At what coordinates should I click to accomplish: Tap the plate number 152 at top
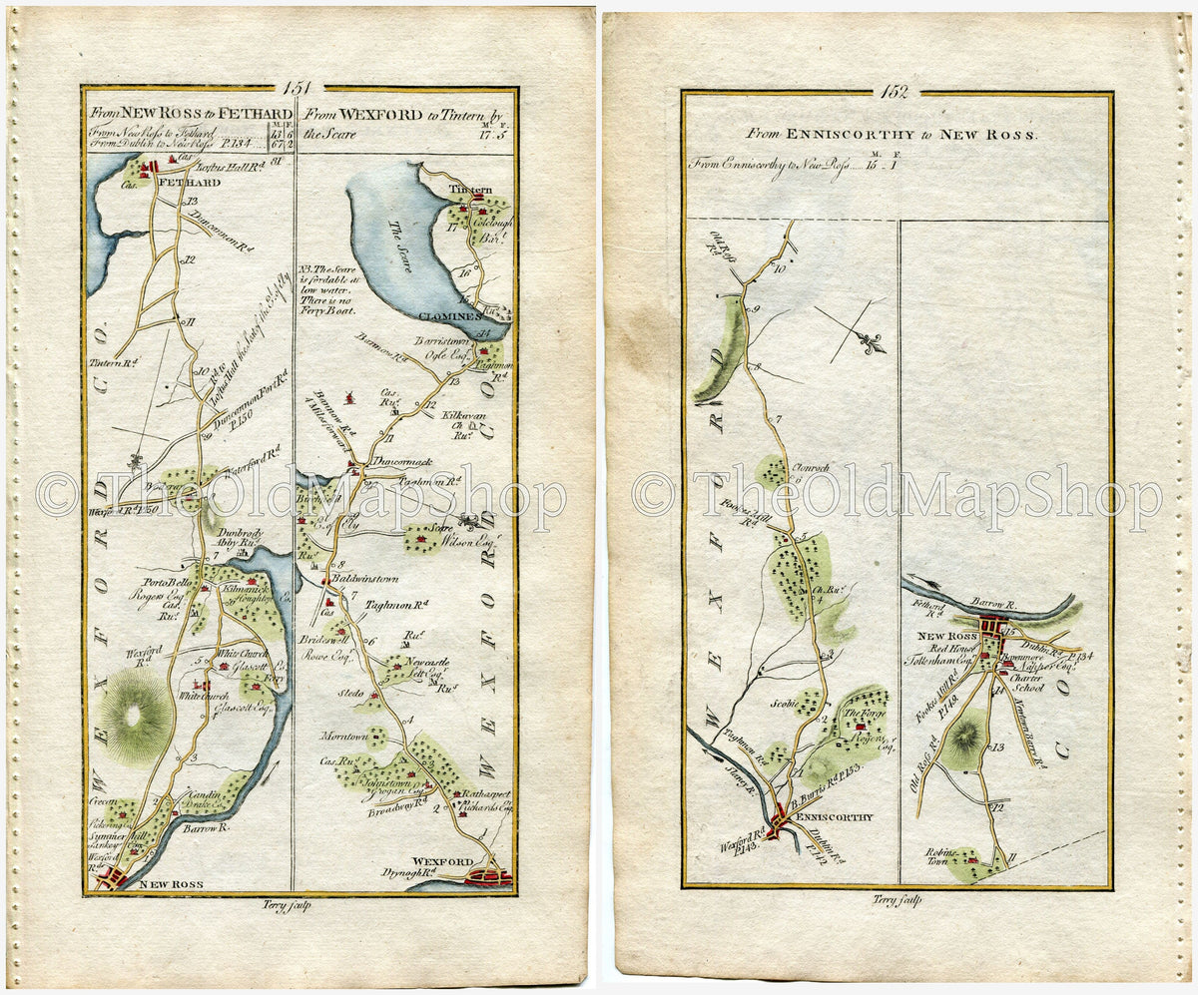pos(896,91)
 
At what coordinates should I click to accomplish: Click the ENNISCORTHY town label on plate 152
pos(837,816)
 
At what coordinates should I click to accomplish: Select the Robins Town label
pos(966,859)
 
